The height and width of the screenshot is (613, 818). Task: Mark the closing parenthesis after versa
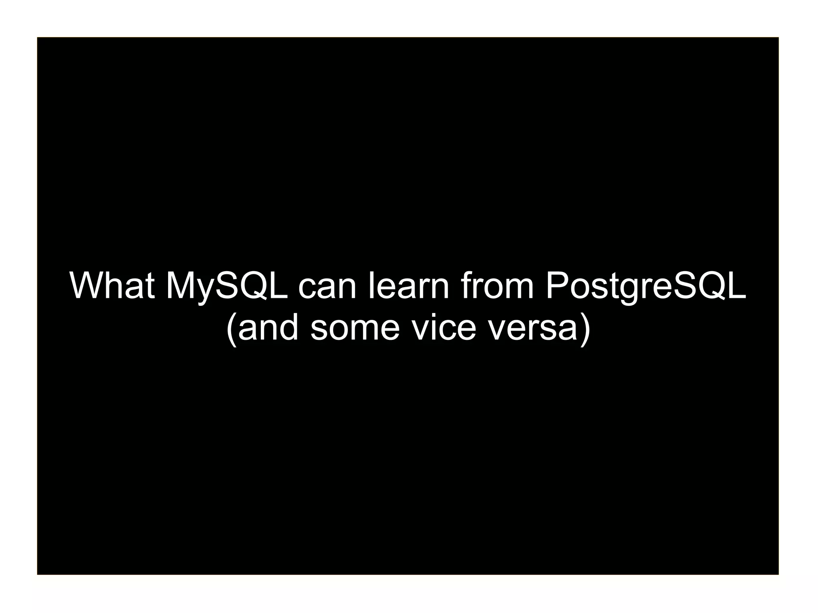(x=585, y=329)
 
